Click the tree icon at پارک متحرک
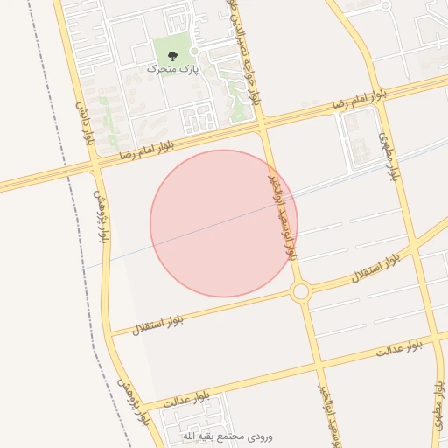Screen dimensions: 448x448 point(171,56)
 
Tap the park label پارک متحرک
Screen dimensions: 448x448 point(172,68)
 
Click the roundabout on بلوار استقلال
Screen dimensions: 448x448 point(300,291)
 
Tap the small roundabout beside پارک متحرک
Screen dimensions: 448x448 point(195,52)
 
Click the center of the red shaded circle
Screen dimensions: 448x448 point(224,223)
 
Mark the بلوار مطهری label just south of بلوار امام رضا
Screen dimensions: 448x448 point(388,156)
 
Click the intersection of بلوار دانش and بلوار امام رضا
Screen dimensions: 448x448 point(94,164)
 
